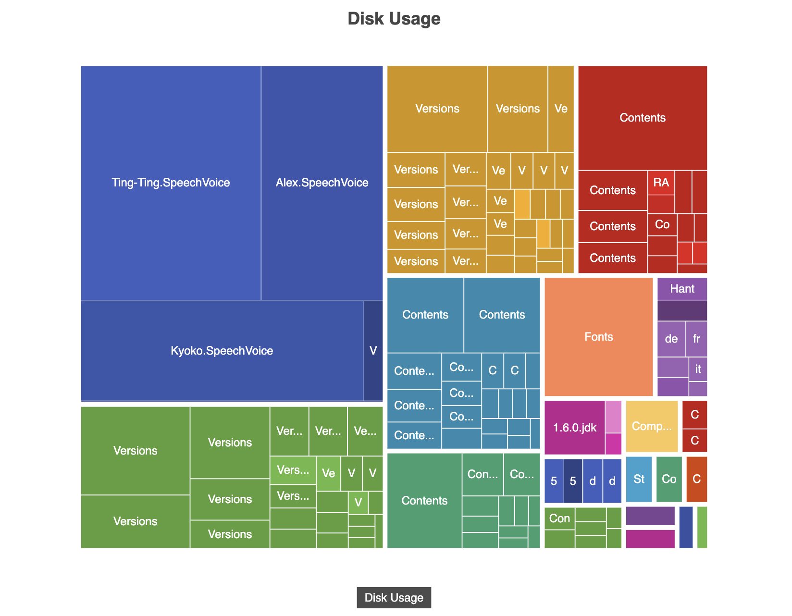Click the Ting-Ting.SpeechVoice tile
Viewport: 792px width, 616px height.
point(171,183)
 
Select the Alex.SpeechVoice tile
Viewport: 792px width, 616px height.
point(322,183)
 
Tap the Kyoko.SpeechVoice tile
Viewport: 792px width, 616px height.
point(222,351)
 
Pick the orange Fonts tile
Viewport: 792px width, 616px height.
point(598,337)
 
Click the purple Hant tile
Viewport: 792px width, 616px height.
point(682,289)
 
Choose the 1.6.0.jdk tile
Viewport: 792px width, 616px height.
point(574,428)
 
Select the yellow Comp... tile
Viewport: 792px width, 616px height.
point(652,426)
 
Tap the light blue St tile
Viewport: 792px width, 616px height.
point(639,479)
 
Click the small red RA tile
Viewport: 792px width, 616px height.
point(661,183)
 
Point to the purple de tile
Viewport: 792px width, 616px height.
point(671,339)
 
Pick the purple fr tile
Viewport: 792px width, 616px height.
point(696,339)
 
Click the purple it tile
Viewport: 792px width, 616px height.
point(698,369)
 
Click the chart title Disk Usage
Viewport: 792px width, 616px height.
point(394,19)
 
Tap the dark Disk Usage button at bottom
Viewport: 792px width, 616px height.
point(394,598)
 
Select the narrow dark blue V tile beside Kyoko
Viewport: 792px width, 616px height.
point(373,351)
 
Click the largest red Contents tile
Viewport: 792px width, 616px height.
point(643,118)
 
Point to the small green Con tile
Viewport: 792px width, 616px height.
point(559,518)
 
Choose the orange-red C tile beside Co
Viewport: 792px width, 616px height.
point(696,479)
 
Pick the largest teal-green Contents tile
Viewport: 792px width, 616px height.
point(424,501)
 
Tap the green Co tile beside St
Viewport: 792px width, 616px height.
point(669,479)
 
